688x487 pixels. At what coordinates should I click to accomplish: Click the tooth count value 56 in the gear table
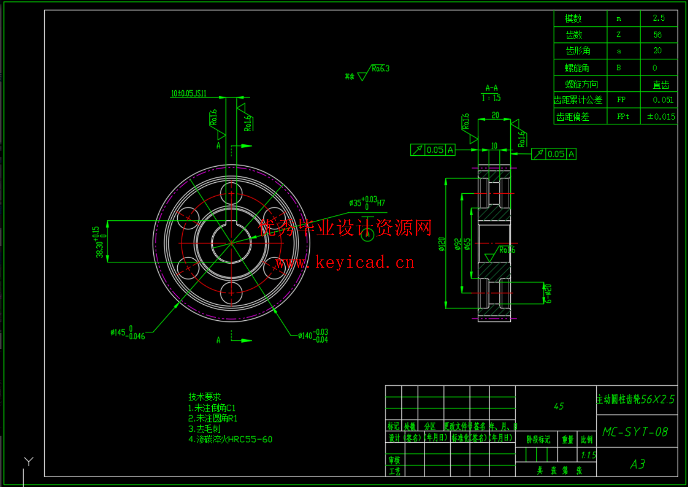[657, 35]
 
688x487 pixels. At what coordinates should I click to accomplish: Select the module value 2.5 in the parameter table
[658, 18]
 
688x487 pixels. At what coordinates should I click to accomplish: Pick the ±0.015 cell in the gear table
[661, 117]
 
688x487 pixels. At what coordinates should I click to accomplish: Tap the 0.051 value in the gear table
[663, 100]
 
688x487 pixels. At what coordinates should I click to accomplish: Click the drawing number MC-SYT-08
[635, 432]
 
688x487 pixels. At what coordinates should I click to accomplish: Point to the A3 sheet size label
[637, 464]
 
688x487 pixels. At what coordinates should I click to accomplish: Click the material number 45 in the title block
[558, 406]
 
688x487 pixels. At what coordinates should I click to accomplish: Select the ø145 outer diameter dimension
[128, 333]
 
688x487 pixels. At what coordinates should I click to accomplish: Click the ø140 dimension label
[313, 336]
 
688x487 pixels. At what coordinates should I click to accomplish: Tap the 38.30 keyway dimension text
[99, 242]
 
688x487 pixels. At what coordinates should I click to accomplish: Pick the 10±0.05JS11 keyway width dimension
[189, 94]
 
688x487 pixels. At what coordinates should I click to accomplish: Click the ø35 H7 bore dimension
[367, 203]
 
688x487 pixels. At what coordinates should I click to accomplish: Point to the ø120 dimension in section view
[442, 244]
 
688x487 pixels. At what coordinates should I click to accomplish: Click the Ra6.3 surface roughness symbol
[380, 69]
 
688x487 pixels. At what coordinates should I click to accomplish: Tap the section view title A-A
[491, 88]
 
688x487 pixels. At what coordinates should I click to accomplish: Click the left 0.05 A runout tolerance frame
[433, 150]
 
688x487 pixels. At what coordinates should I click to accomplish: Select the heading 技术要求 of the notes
[204, 397]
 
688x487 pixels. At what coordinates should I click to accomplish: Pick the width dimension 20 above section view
[495, 115]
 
